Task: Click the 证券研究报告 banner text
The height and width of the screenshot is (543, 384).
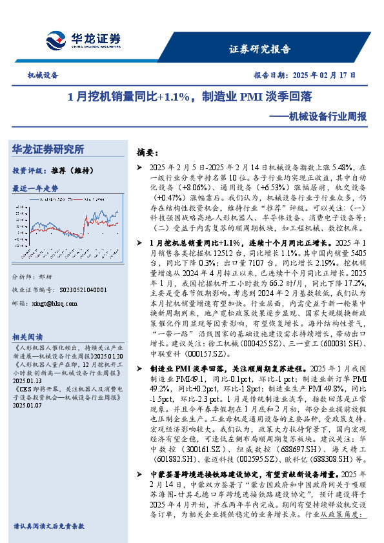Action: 260,49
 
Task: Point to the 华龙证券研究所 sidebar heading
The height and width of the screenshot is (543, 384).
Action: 48,150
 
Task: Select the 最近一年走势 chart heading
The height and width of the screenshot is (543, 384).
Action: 35,188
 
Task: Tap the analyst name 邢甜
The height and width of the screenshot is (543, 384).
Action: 55,276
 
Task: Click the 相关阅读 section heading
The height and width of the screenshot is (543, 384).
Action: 28,337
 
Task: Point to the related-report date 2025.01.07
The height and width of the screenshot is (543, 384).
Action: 26,406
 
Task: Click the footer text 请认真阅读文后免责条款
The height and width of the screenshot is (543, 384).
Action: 48,526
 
